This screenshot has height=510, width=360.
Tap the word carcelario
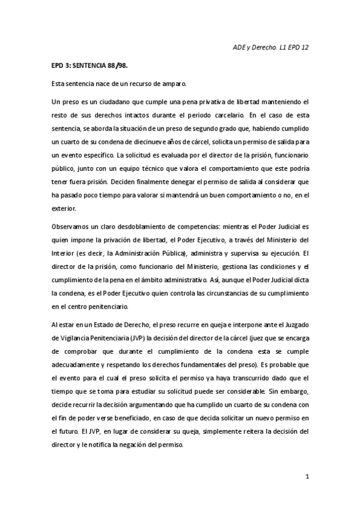pos(225,113)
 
